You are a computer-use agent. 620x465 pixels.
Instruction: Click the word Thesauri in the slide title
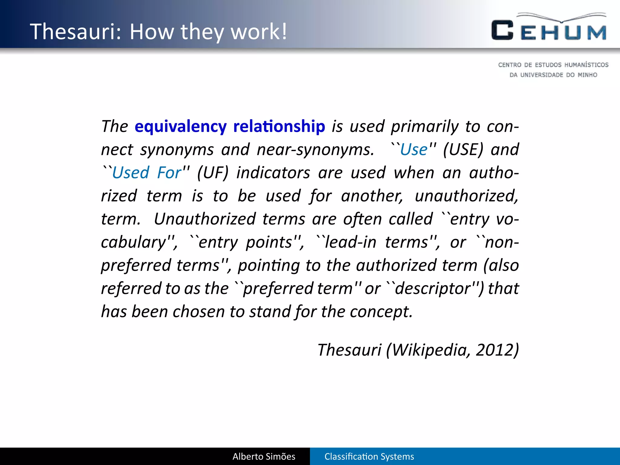pyautogui.click(x=76, y=31)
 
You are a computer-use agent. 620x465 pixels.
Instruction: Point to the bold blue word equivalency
pyautogui.click(x=180, y=127)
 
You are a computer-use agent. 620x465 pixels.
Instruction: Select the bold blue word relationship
pyautogui.click(x=279, y=127)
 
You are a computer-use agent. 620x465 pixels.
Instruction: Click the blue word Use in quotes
pyautogui.click(x=414, y=150)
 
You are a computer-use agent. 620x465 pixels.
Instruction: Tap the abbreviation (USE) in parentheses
pyautogui.click(x=463, y=150)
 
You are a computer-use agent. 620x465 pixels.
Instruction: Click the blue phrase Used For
pyautogui.click(x=147, y=173)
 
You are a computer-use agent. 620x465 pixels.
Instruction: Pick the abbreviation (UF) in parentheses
pyautogui.click(x=213, y=173)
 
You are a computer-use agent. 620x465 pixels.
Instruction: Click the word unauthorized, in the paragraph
pyautogui.click(x=467, y=196)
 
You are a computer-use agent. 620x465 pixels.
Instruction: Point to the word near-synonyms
pyautogui.click(x=315, y=150)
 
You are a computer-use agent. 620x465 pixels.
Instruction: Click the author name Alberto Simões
pyautogui.click(x=264, y=457)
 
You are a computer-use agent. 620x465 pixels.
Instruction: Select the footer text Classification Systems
pyautogui.click(x=369, y=457)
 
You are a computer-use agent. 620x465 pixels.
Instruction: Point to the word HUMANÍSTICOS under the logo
pyautogui.click(x=586, y=65)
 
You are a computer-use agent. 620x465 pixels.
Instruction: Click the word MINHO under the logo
pyautogui.click(x=587, y=75)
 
